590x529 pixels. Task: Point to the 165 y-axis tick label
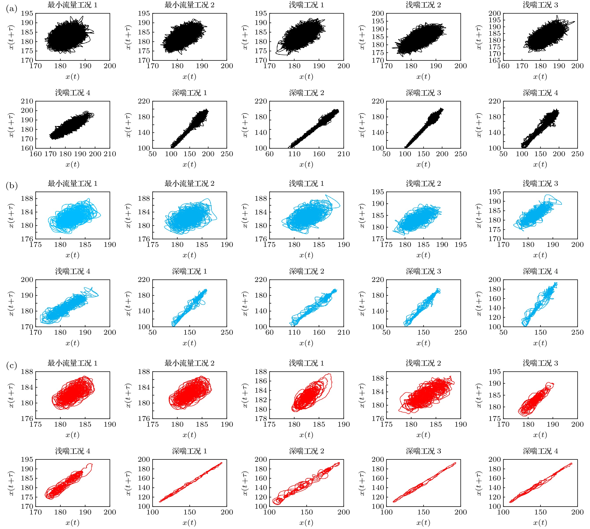(495, 60)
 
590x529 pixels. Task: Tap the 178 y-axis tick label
(261, 418)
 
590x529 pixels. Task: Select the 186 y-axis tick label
(261, 381)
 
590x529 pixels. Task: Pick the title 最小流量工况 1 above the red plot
(72, 363)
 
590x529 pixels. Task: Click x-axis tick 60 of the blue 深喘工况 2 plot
(270, 332)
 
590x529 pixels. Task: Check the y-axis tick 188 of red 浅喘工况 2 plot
(378, 378)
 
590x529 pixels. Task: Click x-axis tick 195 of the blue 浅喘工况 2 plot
(460, 245)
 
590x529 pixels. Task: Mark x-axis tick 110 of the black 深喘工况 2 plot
(294, 154)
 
